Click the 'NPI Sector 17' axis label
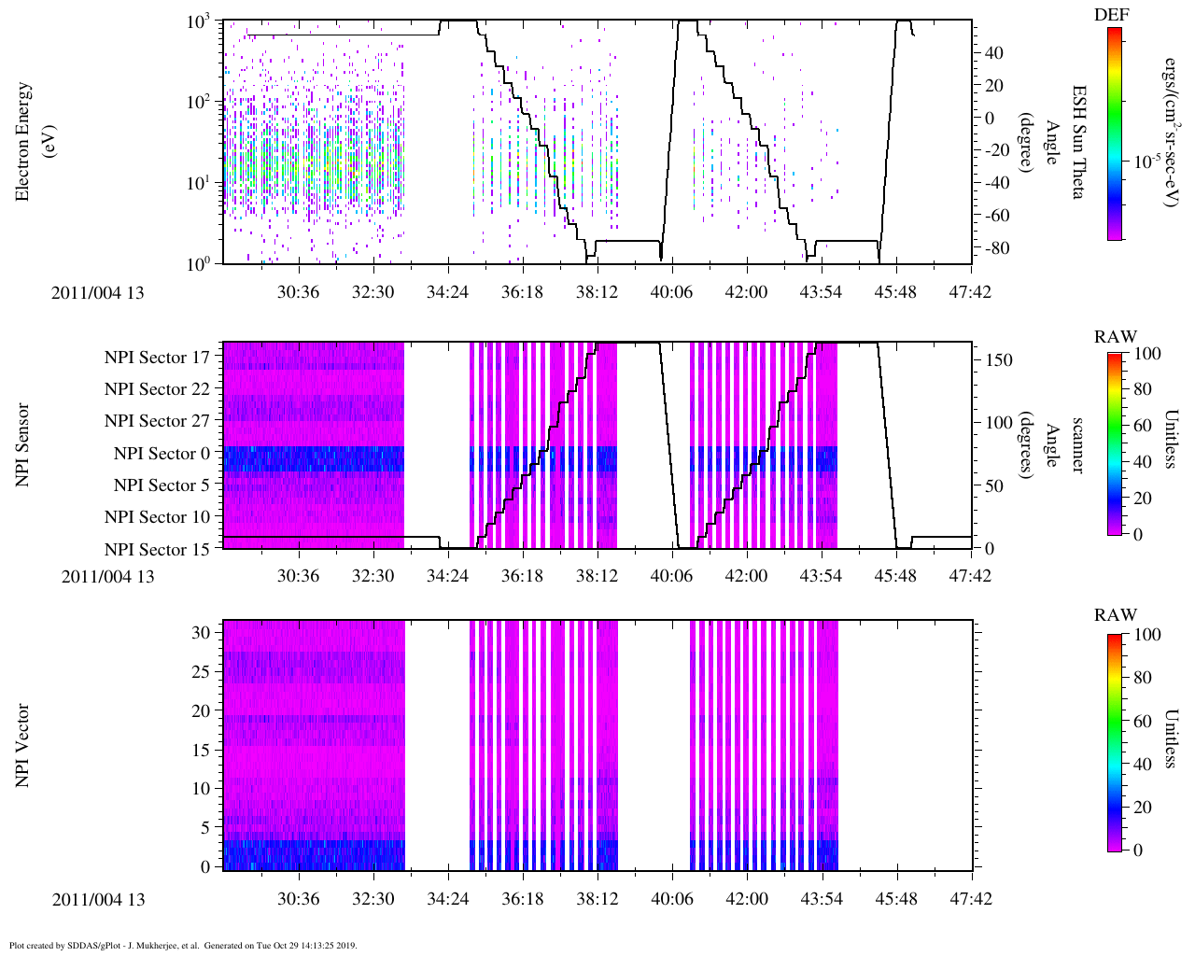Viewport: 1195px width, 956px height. [157, 358]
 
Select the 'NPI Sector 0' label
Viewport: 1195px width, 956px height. [162, 454]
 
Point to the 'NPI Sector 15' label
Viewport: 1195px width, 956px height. [157, 550]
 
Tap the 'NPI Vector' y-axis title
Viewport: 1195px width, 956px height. [23, 745]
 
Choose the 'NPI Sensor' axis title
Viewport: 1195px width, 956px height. [23, 444]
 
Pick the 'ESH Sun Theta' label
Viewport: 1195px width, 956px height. [1078, 142]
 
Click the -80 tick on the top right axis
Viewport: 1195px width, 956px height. [992, 248]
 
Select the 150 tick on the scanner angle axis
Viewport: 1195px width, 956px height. [1000, 360]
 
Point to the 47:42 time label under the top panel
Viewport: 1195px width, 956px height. [970, 292]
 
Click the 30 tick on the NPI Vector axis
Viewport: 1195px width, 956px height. [202, 632]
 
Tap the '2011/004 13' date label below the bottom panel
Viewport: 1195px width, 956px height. [98, 900]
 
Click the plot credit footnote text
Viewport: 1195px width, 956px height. [183, 945]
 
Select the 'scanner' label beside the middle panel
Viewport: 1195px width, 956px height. [1078, 444]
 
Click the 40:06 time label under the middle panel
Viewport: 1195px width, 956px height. [671, 576]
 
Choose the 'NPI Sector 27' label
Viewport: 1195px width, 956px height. [157, 421]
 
